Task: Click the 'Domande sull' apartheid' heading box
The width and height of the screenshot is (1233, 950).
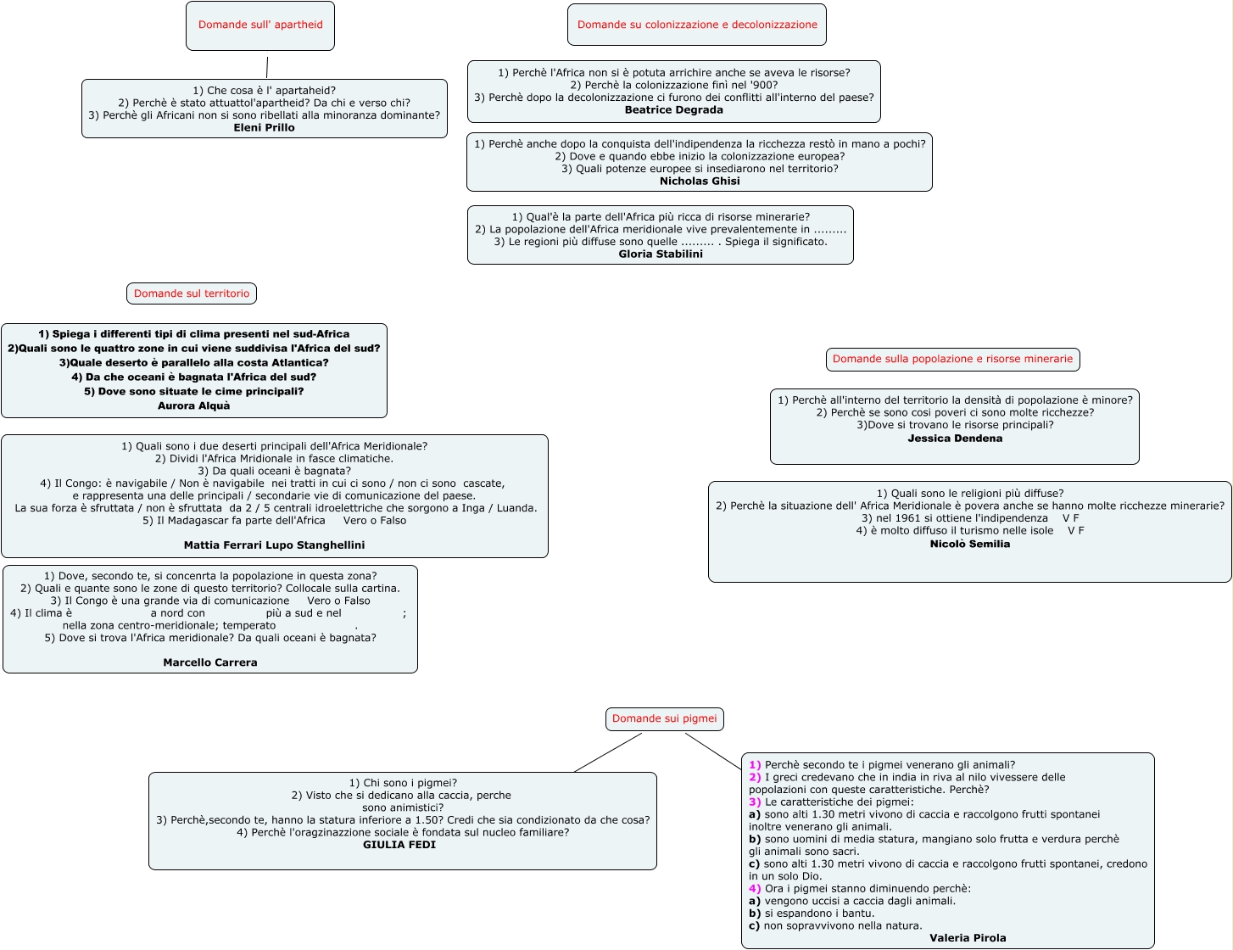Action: [x=260, y=25]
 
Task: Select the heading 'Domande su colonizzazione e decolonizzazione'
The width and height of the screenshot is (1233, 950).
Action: [x=697, y=25]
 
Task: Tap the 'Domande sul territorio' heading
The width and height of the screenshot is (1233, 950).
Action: [x=192, y=293]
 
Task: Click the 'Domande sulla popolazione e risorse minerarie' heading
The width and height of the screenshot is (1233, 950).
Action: [x=952, y=359]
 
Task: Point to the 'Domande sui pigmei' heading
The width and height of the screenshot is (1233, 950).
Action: [x=664, y=718]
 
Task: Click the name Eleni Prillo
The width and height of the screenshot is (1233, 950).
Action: [x=265, y=128]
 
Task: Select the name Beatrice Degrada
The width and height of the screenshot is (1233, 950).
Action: [x=674, y=110]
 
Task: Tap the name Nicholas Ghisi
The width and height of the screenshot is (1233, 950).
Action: [x=700, y=182]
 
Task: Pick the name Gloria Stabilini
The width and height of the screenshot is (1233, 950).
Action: [x=661, y=254]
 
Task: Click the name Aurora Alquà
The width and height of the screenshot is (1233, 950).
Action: [x=194, y=406]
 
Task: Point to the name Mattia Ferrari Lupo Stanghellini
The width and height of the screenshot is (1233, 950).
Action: [x=274, y=545]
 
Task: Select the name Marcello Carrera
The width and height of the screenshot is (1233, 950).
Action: [x=210, y=662]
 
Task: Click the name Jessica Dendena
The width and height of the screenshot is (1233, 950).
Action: [x=955, y=439]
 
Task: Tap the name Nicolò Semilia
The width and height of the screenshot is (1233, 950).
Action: [x=970, y=545]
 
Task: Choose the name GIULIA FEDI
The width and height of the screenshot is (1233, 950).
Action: [x=399, y=845]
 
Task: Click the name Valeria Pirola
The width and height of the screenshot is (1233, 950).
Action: [x=968, y=938]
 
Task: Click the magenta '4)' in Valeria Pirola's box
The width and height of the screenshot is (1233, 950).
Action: [x=755, y=889]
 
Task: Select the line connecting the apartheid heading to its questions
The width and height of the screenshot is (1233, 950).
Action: [x=267, y=67]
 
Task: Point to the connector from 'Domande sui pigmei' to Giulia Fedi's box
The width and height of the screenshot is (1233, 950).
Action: [x=608, y=752]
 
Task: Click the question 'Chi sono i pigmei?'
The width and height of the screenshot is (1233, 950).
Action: [x=403, y=783]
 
